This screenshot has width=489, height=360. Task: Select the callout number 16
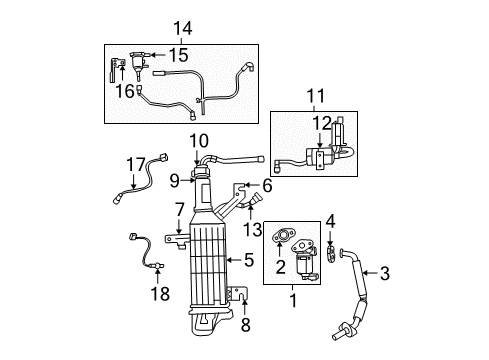pyautogui.click(x=123, y=91)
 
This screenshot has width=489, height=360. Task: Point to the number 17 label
pyautogui.click(x=136, y=162)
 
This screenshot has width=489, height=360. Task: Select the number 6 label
pyautogui.click(x=267, y=184)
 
